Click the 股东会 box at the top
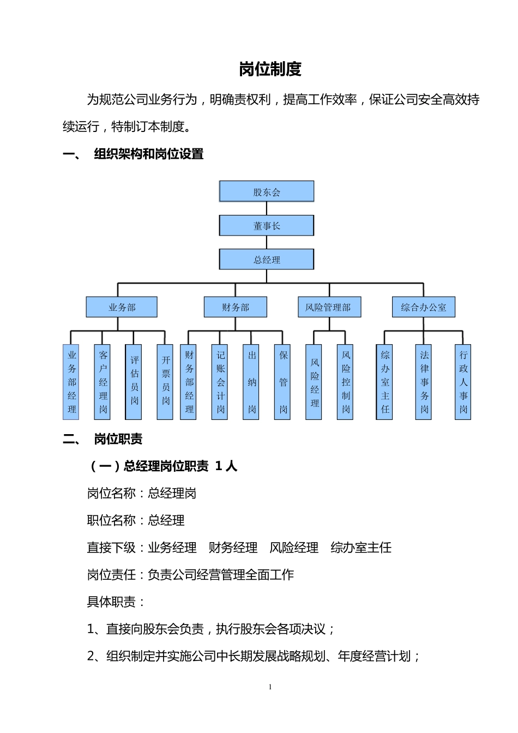[267, 191]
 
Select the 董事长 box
[267, 225]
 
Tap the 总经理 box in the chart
[267, 259]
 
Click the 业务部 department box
[122, 307]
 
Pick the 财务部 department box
[236, 307]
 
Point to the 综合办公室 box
[424, 307]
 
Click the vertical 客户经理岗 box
[103, 382]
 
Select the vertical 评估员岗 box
[134, 382]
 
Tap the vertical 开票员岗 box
[165, 382]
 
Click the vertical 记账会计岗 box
[220, 382]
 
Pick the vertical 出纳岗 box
[251, 382]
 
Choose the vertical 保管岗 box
[283, 382]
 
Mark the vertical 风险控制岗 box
[346, 382]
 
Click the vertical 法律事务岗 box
[424, 382]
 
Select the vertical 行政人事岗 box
[463, 382]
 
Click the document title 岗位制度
[270, 69]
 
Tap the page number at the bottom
[270, 687]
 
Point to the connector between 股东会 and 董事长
[267, 208]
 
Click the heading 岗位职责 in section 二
[118, 439]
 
